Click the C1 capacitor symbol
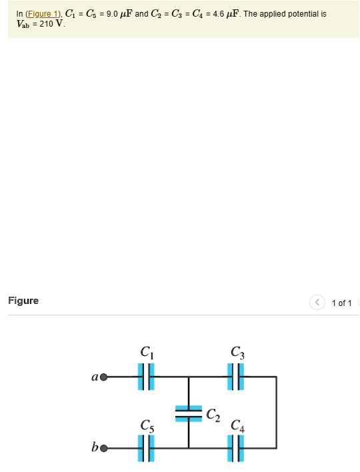[x=147, y=377]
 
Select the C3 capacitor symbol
[x=235, y=377]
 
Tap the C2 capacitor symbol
[x=189, y=413]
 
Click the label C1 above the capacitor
[x=147, y=352]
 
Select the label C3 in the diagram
[x=237, y=352]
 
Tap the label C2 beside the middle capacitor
[x=213, y=415]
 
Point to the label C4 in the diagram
[x=237, y=425]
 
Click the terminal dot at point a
[x=103, y=377]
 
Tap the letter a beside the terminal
[x=95, y=377]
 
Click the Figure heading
[x=23, y=301]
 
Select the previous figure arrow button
[x=317, y=303]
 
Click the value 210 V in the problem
[x=51, y=24]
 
